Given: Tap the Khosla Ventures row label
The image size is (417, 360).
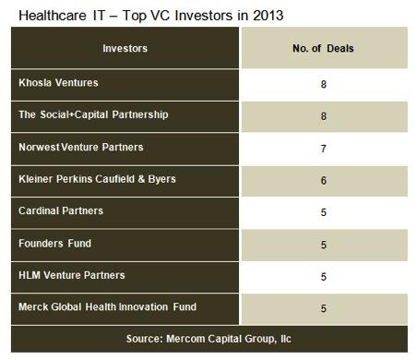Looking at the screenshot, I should tap(57, 81).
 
